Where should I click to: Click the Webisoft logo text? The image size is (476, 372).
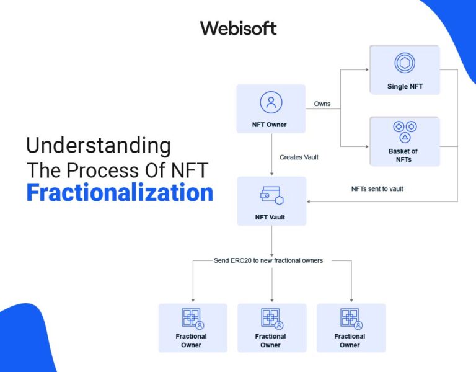click(x=238, y=28)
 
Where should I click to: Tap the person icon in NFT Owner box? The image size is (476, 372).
click(x=271, y=102)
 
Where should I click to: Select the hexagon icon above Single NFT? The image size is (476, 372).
click(x=405, y=63)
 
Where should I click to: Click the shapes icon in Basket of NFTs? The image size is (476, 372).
click(x=405, y=131)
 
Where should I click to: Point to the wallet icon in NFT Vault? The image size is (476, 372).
click(x=271, y=195)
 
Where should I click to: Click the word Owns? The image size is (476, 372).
click(x=322, y=104)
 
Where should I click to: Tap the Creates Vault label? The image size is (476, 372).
click(x=299, y=157)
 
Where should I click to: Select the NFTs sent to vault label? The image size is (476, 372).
click(x=377, y=188)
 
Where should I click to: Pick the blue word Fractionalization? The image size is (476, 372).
click(x=120, y=193)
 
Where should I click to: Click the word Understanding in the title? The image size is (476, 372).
click(x=99, y=146)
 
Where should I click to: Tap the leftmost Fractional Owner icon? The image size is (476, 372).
click(x=192, y=318)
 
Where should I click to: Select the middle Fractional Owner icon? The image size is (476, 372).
click(x=271, y=318)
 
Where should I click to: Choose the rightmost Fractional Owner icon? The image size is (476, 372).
click(x=350, y=318)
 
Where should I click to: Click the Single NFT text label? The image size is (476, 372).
click(x=405, y=86)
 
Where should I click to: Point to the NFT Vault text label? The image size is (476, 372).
click(x=271, y=217)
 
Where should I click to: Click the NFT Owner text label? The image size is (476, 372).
click(x=271, y=125)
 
